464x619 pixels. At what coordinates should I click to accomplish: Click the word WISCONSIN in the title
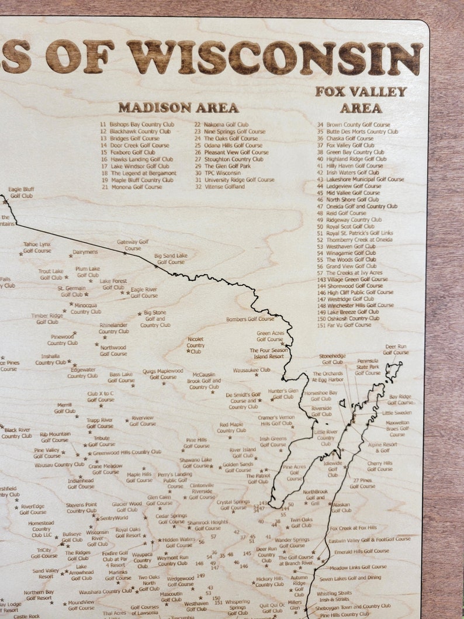275,57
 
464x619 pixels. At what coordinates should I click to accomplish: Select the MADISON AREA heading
178,108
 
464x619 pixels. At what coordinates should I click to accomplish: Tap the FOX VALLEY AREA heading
361,99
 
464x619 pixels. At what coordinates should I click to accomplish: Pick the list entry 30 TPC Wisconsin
217,173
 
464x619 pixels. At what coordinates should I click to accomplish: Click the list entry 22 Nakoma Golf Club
221,125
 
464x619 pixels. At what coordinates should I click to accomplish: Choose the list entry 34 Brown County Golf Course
354,125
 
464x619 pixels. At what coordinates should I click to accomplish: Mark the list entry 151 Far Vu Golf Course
344,325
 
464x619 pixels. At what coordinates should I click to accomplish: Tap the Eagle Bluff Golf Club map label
21,192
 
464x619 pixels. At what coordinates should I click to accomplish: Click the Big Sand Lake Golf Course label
171,258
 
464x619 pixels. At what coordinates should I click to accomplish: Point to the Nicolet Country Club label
196,345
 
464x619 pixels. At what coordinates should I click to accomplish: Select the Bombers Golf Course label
250,319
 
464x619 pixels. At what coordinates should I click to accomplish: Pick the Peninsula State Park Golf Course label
368,366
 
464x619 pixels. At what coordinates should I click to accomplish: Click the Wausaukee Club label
251,370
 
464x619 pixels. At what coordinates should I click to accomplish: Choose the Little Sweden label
397,413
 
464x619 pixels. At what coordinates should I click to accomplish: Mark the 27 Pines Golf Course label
362,483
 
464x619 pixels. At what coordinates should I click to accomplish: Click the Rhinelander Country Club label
113,328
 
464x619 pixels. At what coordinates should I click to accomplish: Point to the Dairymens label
85,252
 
